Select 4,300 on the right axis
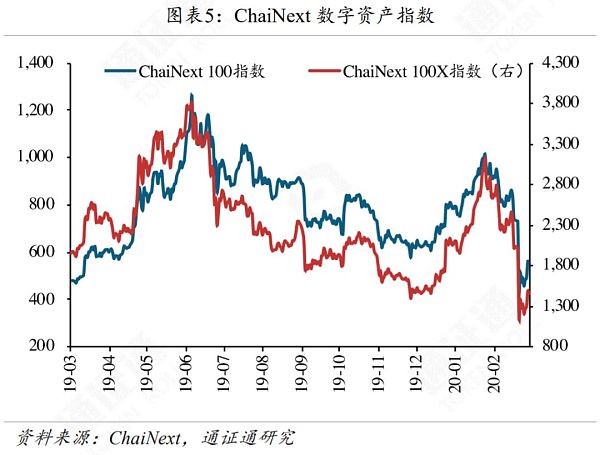[x=559, y=63]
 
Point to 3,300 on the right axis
[x=559, y=144]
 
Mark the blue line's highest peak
[x=191, y=95]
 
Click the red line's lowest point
[x=519, y=321]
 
